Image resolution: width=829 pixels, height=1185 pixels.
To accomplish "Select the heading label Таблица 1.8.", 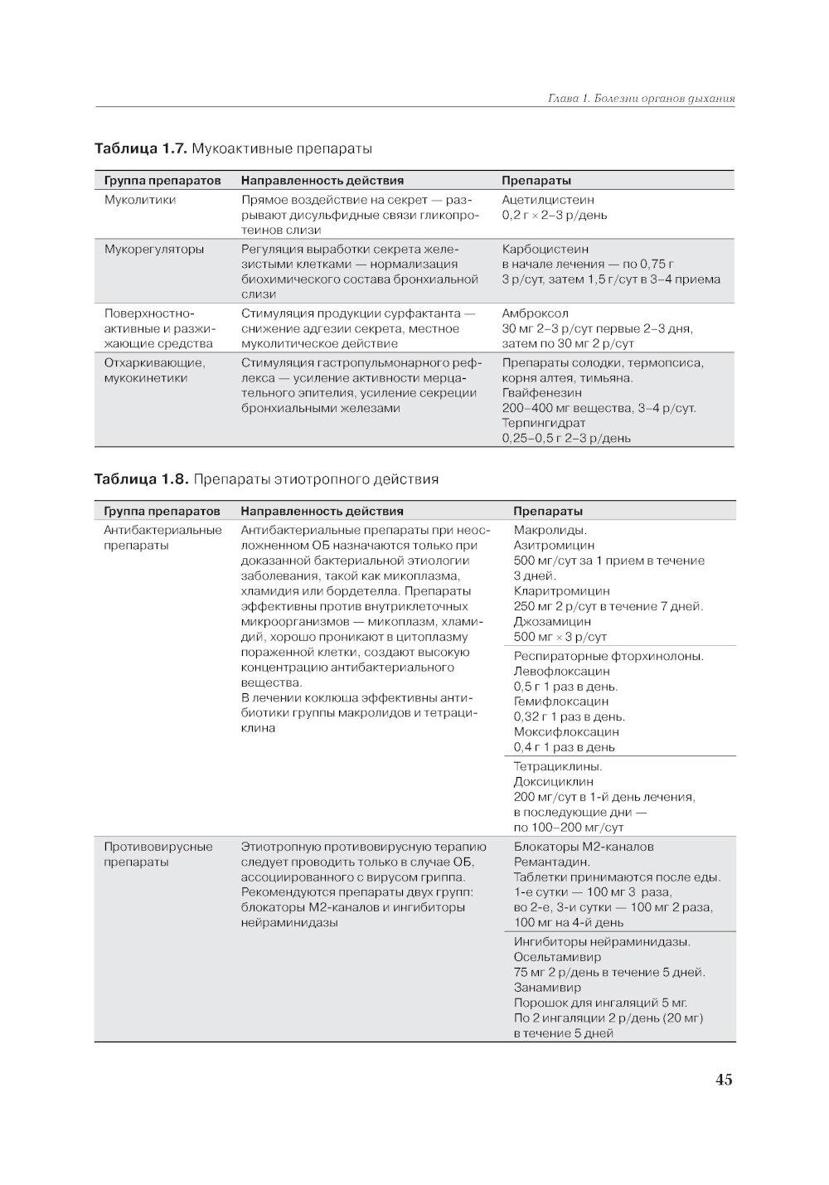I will [x=142, y=479].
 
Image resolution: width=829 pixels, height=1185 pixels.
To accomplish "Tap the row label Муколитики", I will [x=139, y=200].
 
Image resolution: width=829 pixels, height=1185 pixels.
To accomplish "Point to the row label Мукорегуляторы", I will [x=153, y=249].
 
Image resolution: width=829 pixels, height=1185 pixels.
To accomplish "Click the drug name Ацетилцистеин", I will [x=547, y=200].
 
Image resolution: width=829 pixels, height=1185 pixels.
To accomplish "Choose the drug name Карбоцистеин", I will [x=545, y=249].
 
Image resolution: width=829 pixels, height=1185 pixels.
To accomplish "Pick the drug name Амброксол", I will [x=535, y=313].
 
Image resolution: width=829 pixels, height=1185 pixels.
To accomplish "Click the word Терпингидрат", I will [x=543, y=423].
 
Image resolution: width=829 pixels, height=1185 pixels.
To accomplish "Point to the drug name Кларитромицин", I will [x=561, y=591].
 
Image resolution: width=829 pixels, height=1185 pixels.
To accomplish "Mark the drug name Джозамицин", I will [x=552, y=621].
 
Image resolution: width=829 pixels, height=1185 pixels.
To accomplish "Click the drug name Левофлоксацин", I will [x=561, y=672].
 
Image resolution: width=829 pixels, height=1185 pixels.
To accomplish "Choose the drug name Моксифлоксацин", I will [x=566, y=732].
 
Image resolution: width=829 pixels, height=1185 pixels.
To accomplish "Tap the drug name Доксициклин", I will [x=553, y=781].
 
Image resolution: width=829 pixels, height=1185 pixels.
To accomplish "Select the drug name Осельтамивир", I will [x=556, y=957].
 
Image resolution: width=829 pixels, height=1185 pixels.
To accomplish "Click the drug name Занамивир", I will [x=547, y=988].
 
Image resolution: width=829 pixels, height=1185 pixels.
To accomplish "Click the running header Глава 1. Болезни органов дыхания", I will [x=642, y=99].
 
